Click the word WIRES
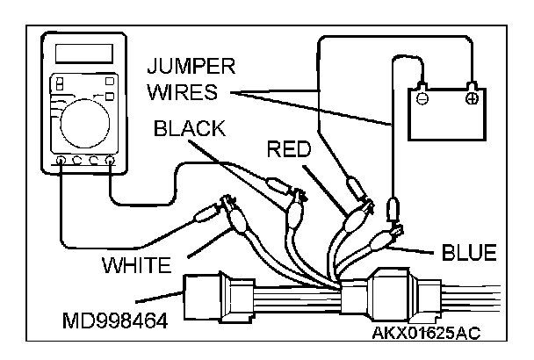click(186, 90)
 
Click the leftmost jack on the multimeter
click(59, 162)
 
